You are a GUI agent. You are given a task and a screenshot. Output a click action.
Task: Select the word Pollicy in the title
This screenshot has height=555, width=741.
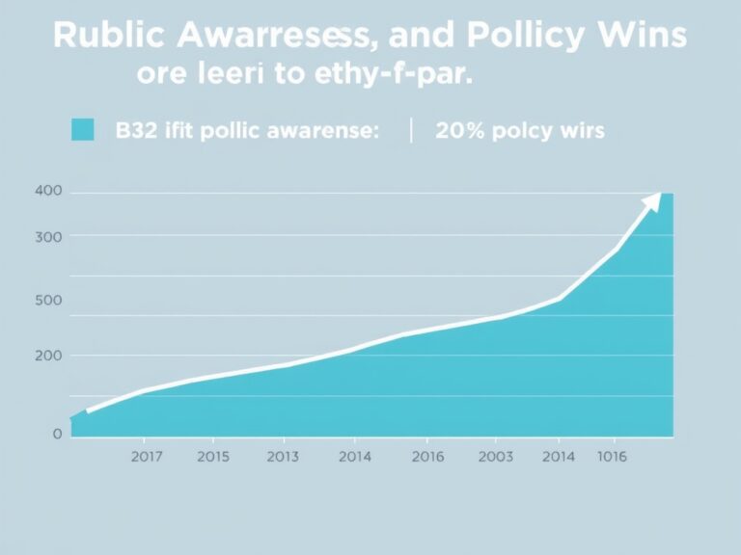pyautogui.click(x=522, y=36)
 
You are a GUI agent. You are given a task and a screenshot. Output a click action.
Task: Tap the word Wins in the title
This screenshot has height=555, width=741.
pyautogui.click(x=639, y=36)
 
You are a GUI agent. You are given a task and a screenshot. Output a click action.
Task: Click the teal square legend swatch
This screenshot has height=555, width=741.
pyautogui.click(x=83, y=130)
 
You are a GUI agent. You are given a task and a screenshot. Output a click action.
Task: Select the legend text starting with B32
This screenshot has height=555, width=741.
pyautogui.click(x=247, y=131)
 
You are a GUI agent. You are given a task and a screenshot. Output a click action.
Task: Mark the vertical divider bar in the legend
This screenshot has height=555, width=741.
pyautogui.click(x=411, y=130)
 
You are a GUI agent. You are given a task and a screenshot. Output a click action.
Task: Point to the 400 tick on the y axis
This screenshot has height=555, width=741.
pyautogui.click(x=48, y=192)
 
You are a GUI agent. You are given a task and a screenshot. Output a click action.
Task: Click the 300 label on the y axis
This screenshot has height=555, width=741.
pyautogui.click(x=48, y=236)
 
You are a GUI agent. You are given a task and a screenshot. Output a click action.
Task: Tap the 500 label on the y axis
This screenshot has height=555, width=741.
pyautogui.click(x=48, y=300)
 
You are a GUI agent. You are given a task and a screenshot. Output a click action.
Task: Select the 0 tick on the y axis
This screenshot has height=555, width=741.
pyautogui.click(x=57, y=434)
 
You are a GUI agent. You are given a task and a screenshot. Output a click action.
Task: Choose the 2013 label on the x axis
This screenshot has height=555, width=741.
pyautogui.click(x=283, y=458)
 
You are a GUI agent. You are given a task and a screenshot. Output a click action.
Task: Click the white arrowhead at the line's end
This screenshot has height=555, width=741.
pyautogui.click(x=653, y=199)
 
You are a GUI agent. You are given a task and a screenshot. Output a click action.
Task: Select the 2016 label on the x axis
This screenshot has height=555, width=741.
pyautogui.click(x=427, y=458)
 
